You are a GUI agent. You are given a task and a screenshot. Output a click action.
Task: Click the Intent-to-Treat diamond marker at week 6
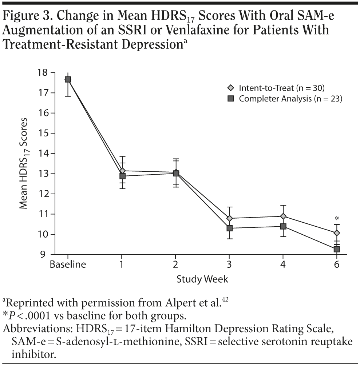pos(337,233)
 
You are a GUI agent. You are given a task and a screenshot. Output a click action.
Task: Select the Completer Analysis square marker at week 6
pos(337,249)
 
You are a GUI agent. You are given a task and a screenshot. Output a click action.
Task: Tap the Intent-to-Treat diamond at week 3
pos(229,218)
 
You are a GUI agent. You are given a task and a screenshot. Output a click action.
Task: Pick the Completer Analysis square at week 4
pos(283,226)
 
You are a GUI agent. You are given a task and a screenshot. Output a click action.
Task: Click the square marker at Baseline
pos(68,80)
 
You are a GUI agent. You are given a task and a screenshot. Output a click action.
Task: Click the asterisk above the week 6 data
pos(337,219)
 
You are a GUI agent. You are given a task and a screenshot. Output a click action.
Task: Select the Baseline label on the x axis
pos(68,264)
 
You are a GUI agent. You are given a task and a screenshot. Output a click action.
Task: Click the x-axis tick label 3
pos(229,264)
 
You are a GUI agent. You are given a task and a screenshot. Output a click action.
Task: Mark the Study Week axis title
pos(202,279)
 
